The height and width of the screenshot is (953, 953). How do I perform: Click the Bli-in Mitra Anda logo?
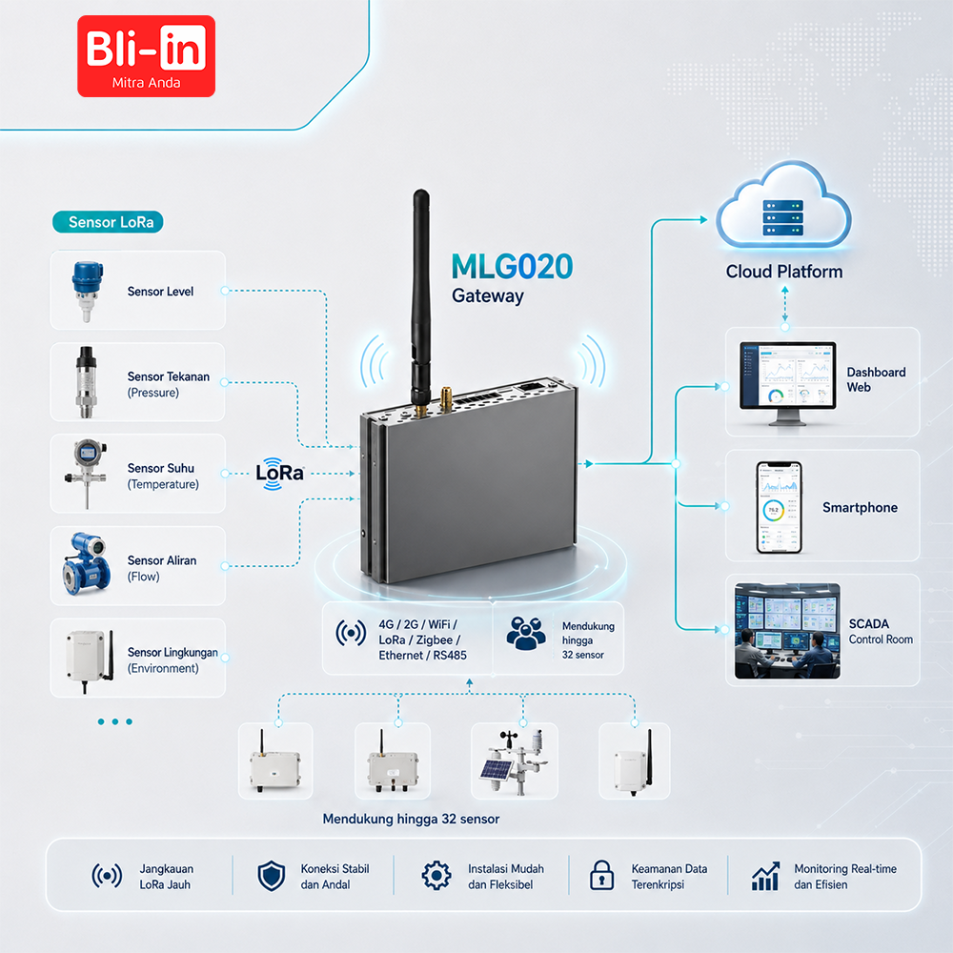click(146, 56)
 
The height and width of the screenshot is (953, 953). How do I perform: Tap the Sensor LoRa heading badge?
click(109, 222)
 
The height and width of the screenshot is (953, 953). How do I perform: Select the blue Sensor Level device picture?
click(88, 291)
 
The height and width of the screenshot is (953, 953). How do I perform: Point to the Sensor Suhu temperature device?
click(87, 473)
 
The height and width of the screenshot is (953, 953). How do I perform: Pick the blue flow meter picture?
click(87, 563)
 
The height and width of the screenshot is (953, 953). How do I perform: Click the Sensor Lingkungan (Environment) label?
click(172, 660)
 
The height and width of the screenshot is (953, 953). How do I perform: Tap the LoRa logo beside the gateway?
click(279, 473)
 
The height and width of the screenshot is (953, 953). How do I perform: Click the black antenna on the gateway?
click(420, 296)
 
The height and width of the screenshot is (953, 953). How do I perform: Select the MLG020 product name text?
click(512, 266)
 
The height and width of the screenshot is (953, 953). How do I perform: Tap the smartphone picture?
click(779, 507)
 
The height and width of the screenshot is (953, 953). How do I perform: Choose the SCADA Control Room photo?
click(787, 631)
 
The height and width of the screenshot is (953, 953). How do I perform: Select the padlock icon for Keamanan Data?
click(601, 875)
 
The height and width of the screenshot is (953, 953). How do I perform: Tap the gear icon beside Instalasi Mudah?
click(436, 876)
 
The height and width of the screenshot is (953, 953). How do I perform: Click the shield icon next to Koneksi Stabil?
click(271, 876)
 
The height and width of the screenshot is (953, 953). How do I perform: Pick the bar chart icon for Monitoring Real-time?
click(766, 876)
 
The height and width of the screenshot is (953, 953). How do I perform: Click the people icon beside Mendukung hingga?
click(526, 634)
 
